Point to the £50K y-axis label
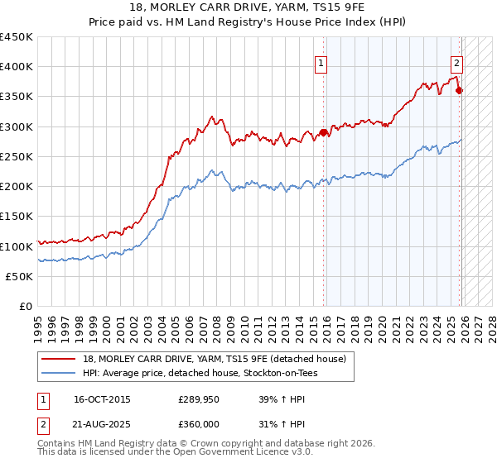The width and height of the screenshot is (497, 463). coord(19,277)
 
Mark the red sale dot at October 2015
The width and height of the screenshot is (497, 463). coord(324,132)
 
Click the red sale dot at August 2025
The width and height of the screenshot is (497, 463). coord(460,91)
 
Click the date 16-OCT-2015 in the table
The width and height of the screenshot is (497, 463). coord(102,399)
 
